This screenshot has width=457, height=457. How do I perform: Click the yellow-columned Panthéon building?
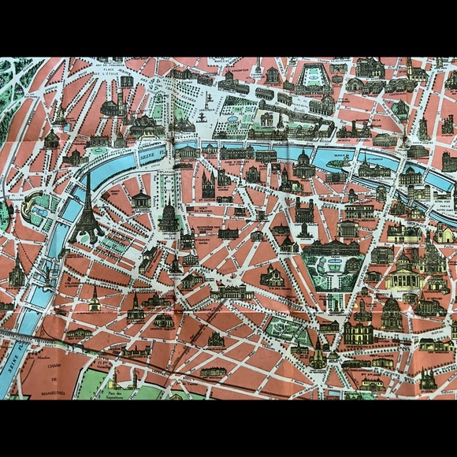[x=405, y=280]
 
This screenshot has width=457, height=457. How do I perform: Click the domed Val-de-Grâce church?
[x=391, y=314]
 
